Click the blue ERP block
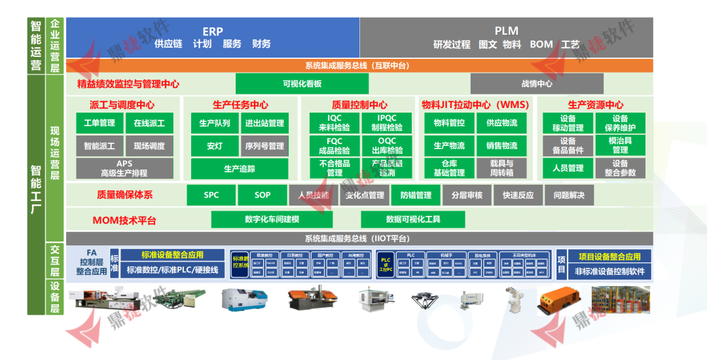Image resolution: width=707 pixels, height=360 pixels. point(213,37)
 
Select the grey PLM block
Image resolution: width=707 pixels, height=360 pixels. point(506,37)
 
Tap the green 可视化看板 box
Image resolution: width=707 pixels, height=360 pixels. point(302,84)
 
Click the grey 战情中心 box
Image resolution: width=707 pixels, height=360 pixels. point(537,84)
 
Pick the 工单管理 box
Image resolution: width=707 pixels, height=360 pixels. point(100,123)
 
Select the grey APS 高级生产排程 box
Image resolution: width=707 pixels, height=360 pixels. point(124,168)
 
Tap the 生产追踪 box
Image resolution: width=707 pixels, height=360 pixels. point(240,169)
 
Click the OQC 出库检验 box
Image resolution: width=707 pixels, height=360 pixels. point(387,145)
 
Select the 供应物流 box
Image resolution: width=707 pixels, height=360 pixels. point(502,123)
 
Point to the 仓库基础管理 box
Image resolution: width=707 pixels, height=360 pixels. point(449,168)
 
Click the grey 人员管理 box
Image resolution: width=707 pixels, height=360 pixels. point(568,168)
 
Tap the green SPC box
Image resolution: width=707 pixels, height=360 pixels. point(211,195)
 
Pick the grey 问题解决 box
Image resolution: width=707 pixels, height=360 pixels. point(569,195)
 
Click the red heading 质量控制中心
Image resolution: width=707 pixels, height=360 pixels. point(359,105)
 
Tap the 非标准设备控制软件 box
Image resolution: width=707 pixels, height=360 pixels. point(609,271)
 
